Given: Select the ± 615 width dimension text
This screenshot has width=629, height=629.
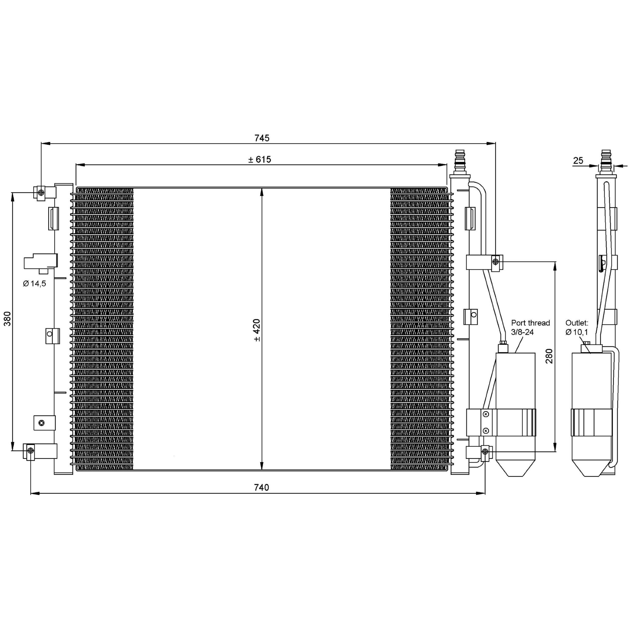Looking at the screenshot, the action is [259, 159].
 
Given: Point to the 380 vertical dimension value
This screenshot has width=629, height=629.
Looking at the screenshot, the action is [7, 319].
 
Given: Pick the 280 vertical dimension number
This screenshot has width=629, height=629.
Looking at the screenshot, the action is [549, 356].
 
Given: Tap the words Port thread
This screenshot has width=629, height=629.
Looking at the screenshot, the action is [530, 323].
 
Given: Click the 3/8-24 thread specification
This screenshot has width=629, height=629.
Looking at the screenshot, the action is [523, 332].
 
